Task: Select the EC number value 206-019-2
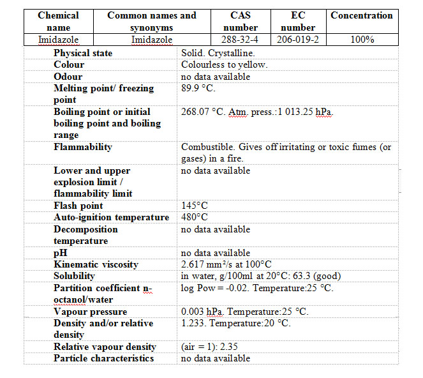point(298,40)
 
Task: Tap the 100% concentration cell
point(362,40)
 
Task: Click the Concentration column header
point(362,15)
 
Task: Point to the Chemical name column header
point(58,21)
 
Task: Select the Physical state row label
point(83,53)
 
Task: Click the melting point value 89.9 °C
point(198,88)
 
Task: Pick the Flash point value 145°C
point(195,206)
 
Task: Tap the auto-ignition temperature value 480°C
point(195,217)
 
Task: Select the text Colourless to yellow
point(224,64)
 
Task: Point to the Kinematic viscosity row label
point(96,264)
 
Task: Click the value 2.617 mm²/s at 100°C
point(226,264)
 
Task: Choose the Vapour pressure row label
point(91,312)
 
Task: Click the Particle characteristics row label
point(103,358)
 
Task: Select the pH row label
point(60,253)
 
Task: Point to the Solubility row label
point(74,276)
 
